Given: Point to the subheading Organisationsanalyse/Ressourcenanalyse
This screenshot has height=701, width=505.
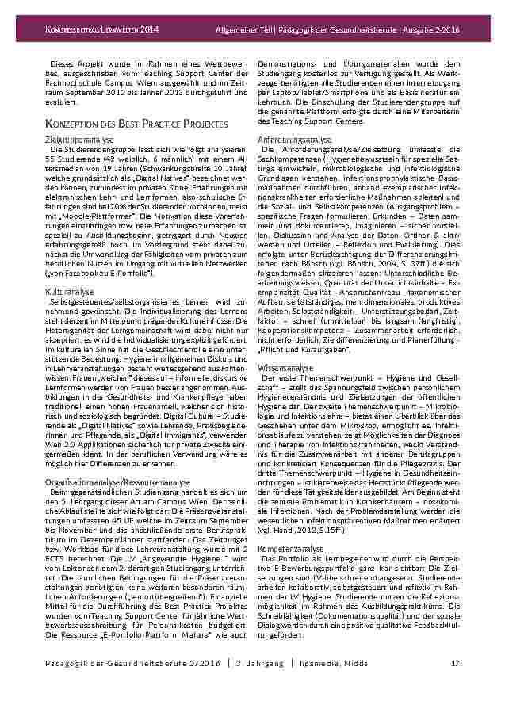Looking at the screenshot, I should click(x=117, y=481).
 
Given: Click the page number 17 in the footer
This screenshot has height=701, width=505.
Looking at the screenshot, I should click(x=456, y=663).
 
